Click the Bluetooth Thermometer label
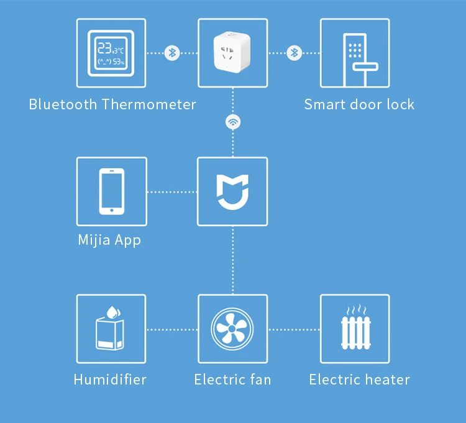click(112, 104)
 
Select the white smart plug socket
click(233, 53)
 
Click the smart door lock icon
click(355, 53)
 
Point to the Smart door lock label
click(359, 104)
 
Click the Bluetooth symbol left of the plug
click(172, 53)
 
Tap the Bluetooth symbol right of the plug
click(295, 53)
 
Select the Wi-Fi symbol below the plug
click(233, 122)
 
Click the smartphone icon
click(112, 191)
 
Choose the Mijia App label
click(110, 240)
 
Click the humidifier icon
click(111, 329)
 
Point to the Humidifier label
click(110, 380)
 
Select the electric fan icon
click(232, 329)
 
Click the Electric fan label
click(232, 380)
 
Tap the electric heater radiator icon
click(355, 329)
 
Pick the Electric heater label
click(360, 380)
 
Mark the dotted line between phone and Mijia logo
click(172, 192)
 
